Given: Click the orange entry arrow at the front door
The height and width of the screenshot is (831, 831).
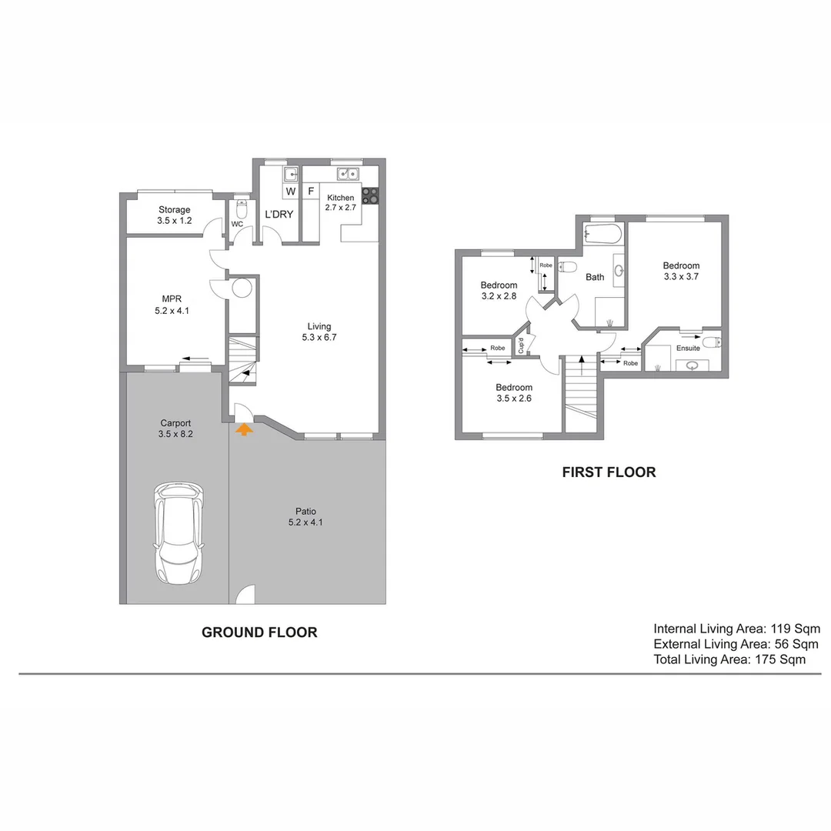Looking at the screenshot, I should pos(243,429).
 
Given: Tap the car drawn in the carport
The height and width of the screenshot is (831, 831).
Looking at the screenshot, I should pos(179,531).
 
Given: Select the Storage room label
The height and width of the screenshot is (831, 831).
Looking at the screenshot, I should pos(175,209).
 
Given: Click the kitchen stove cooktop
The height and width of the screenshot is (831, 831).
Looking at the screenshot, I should pos(370,195).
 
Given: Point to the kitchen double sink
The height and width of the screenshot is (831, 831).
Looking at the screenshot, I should pos(349,173).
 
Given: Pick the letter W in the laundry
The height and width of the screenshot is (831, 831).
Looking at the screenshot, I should pos(291,191).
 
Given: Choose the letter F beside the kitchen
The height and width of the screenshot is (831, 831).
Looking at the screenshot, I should pos(311,191).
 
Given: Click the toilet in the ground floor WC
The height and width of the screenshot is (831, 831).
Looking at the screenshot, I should pos(241,209).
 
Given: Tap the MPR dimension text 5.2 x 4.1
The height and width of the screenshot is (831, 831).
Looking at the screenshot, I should pos(170,312).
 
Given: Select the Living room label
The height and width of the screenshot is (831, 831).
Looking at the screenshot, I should pos(319,326).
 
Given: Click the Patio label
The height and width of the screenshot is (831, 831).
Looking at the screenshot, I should pos(305,512).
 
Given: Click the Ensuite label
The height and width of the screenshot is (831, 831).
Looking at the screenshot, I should pos(688,348).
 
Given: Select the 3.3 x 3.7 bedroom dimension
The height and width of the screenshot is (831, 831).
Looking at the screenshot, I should pos(681,276).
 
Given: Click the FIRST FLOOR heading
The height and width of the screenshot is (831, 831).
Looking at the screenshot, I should pos(609,472).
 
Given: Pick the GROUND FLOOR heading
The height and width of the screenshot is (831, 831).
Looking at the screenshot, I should pos(259,632).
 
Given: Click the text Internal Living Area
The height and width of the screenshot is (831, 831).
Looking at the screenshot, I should pos(709,629).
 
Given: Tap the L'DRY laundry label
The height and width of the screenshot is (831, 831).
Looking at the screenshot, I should pos(279,214).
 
